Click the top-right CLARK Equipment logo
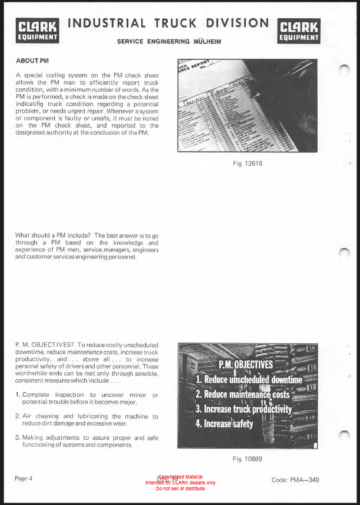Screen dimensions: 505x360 click(x=299, y=31)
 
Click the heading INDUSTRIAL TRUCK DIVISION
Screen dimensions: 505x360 click(x=168, y=24)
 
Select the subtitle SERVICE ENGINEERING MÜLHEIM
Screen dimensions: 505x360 click(x=164, y=41)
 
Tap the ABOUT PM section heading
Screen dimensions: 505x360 click(x=32, y=61)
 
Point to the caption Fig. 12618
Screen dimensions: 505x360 click(x=248, y=163)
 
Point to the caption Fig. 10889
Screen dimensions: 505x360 click(x=248, y=459)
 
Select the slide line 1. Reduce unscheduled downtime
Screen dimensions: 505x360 click(x=248, y=380)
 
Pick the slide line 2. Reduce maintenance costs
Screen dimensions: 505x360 click(x=242, y=394)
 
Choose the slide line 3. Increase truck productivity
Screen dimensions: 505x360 click(x=244, y=409)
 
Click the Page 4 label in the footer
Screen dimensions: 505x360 click(x=24, y=478)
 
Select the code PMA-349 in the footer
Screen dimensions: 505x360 click(x=295, y=480)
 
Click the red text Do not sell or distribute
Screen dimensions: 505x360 click(x=181, y=489)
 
